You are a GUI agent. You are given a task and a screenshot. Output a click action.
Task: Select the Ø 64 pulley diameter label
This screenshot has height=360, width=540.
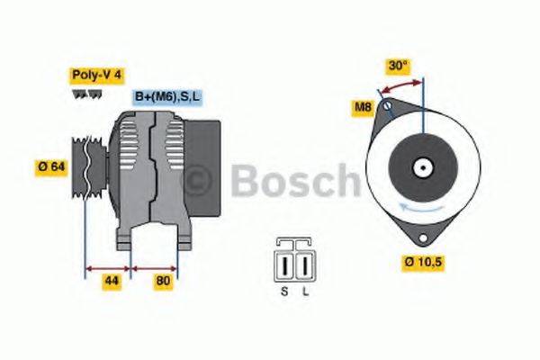click(52, 166)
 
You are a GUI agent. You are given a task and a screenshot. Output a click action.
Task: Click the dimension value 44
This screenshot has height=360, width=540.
click(111, 280)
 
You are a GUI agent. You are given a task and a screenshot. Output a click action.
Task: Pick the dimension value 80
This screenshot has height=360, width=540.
click(163, 280)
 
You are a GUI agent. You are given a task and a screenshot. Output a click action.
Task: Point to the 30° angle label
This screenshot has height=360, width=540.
click(398, 66)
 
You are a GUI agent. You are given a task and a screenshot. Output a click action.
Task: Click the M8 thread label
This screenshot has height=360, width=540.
click(363, 109)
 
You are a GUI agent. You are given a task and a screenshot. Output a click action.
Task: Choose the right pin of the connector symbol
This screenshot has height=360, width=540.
click(304, 265)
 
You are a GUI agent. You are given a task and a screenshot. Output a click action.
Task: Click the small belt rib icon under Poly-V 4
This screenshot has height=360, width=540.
click(86, 94)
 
